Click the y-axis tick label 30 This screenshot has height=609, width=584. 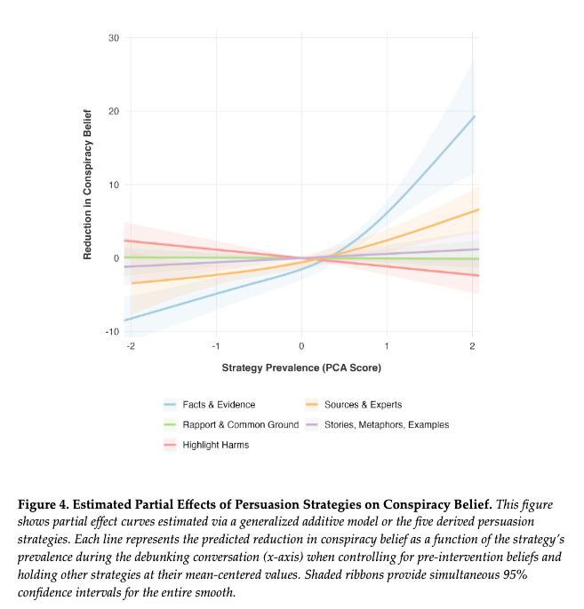(114, 38)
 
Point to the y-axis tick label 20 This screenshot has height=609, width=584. (114, 112)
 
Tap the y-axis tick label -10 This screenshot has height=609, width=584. (112, 332)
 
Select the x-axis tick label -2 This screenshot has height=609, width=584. (130, 345)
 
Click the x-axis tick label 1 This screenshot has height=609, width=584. (387, 345)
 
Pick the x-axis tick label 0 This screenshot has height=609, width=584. (301, 345)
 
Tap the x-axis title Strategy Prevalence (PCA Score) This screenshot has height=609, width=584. (301, 367)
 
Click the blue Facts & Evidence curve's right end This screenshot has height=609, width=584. (475, 116)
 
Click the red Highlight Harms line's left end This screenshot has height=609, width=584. (125, 241)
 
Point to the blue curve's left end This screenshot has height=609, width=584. (125, 320)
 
